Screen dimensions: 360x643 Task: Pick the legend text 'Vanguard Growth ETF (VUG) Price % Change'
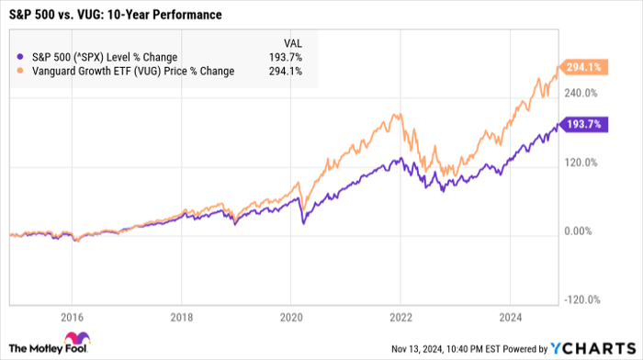(x=129, y=72)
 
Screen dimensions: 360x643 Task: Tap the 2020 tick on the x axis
(x=291, y=317)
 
